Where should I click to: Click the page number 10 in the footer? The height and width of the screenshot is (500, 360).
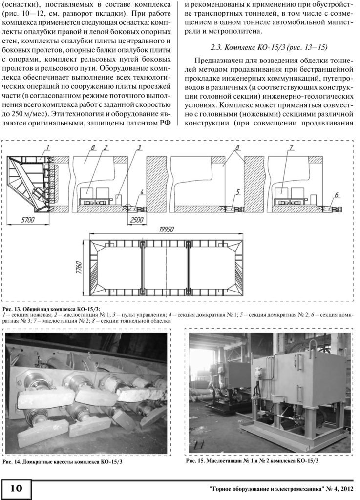[17, 488]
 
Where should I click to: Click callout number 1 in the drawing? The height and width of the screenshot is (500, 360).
[48, 147]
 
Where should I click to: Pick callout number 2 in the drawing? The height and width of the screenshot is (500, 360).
[106, 147]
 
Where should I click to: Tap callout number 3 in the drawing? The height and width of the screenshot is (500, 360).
[139, 147]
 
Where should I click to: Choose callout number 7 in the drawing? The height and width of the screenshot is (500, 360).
[290, 147]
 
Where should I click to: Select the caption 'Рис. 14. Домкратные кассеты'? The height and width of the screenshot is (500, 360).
[68, 462]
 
